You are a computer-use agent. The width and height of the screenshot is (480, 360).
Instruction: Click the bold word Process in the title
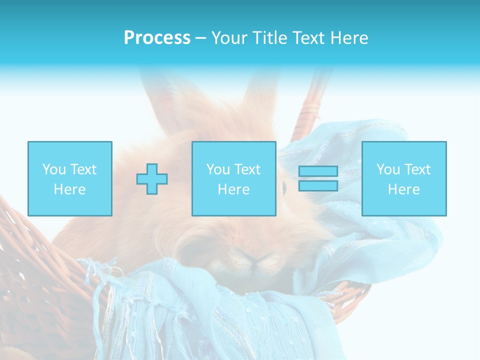tap(157, 38)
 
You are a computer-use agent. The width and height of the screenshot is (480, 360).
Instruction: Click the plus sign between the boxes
tap(152, 179)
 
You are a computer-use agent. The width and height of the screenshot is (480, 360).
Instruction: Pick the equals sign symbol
tap(318, 178)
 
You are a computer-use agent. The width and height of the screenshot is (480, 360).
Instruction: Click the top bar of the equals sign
tap(318, 171)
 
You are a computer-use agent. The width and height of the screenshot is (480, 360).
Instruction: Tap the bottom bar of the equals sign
tap(318, 185)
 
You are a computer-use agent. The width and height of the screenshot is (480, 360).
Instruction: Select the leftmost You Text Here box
tap(69, 178)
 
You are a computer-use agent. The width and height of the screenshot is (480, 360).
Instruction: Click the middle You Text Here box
tap(233, 178)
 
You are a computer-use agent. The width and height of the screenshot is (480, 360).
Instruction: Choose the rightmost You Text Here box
tap(403, 178)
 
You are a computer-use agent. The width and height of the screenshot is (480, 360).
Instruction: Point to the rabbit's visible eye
tap(284, 188)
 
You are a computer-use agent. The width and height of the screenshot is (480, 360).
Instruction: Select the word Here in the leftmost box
tap(69, 189)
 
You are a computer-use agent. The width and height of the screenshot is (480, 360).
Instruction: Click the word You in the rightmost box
tap(387, 169)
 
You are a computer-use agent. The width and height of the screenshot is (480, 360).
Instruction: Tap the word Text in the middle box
tap(247, 169)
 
